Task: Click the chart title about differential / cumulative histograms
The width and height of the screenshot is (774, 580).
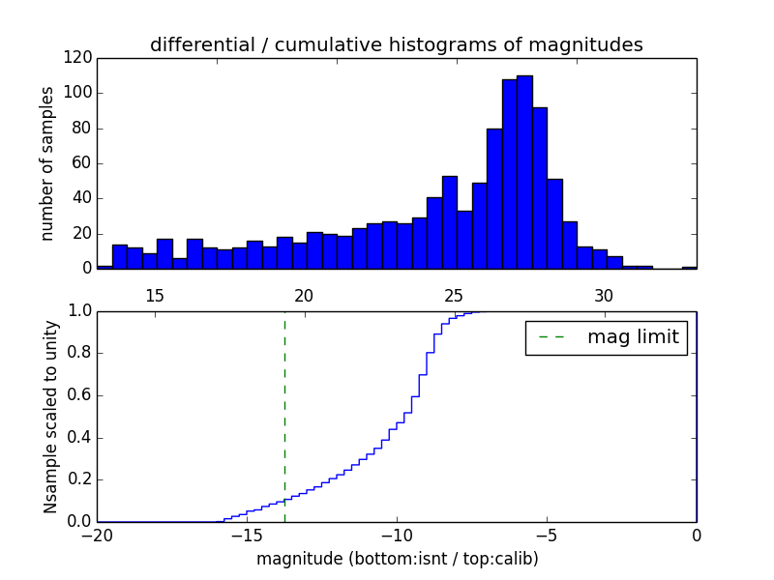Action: coord(396,44)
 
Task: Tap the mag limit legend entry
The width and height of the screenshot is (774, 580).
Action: coord(606,337)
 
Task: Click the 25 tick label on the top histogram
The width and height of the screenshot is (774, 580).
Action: coord(454,295)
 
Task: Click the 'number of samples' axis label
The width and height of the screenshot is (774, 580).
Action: coord(47,163)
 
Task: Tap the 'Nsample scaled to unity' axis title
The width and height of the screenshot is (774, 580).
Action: coord(50,417)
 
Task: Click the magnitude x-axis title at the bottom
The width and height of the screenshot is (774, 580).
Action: coord(397,559)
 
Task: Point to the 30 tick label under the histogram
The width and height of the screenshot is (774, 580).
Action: coord(604,295)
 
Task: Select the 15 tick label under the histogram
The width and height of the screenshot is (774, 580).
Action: coord(155,295)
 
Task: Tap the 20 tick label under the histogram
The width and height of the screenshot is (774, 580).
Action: coord(304,295)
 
